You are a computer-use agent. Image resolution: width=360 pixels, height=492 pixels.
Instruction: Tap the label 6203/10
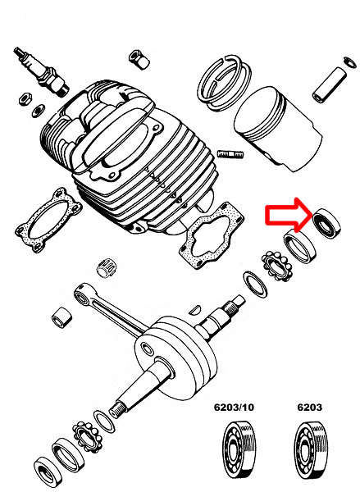point(234,408)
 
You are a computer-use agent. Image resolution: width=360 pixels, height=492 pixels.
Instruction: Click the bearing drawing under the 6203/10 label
point(239,449)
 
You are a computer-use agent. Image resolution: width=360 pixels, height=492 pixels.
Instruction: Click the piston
point(278,129)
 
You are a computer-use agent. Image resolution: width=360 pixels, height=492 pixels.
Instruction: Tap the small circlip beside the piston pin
point(350,61)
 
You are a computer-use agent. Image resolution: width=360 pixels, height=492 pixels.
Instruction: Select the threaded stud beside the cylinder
point(230,154)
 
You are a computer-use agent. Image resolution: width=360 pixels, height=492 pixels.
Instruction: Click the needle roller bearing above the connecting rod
point(105,268)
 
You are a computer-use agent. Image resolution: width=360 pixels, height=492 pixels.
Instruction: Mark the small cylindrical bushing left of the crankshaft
point(62,317)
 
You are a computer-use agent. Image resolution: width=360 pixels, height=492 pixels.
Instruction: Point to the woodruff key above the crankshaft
point(195,309)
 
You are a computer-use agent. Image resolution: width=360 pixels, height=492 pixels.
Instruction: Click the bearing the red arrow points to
point(327,224)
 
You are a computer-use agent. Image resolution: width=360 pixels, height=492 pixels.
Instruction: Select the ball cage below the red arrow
point(277,266)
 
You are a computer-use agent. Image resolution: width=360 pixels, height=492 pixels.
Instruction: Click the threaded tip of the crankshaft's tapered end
point(117,409)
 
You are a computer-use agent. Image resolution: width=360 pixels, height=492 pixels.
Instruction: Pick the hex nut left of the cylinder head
point(25,99)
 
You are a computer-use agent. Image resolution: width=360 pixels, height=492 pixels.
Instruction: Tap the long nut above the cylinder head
point(139,60)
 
